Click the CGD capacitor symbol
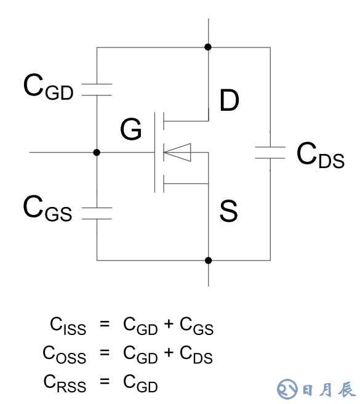97,90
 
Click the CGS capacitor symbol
97,213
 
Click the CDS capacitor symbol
270,153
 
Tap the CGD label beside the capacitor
49,87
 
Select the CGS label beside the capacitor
47,208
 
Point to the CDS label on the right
321,155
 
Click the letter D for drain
229,100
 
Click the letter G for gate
131,129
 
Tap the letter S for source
228,211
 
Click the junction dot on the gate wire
97,153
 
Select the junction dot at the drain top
208,47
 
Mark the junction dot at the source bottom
209,261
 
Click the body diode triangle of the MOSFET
177,153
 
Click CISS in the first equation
68,326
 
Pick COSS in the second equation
65,355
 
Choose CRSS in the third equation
65,384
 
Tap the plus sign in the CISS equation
169,323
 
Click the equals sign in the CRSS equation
105,381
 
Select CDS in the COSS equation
196,355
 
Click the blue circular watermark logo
287,389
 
